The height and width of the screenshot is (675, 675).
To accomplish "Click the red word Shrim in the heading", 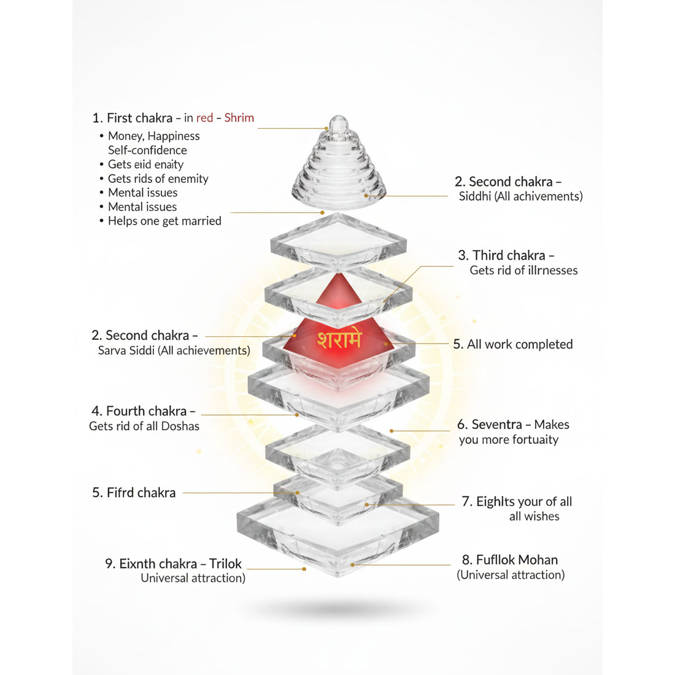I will (239, 118).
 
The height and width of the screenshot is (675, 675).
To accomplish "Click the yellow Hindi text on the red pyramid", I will (339, 340).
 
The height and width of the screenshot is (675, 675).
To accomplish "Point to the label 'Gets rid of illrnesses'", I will (523, 271).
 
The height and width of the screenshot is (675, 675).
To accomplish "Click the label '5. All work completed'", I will (513, 344).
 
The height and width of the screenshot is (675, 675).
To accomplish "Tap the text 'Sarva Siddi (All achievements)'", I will (174, 350).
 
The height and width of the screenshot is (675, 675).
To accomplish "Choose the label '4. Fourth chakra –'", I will (143, 411).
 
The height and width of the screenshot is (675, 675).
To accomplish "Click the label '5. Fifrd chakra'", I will (134, 493).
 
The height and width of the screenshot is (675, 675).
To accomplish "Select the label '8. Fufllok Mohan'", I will (510, 560).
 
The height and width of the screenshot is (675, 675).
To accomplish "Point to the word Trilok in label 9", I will (225, 563).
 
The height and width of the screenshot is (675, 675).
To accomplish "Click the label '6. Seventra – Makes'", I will (513, 425).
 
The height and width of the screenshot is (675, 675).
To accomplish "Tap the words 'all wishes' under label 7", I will (534, 517).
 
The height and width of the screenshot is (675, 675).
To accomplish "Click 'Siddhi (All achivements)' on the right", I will (520, 196).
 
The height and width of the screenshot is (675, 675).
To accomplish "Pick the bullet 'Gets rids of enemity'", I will (158, 179).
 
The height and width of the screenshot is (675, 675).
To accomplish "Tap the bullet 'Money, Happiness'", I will (153, 136).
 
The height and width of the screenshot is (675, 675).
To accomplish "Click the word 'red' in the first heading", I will (204, 118).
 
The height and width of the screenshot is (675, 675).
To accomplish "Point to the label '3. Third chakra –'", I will (506, 255).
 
